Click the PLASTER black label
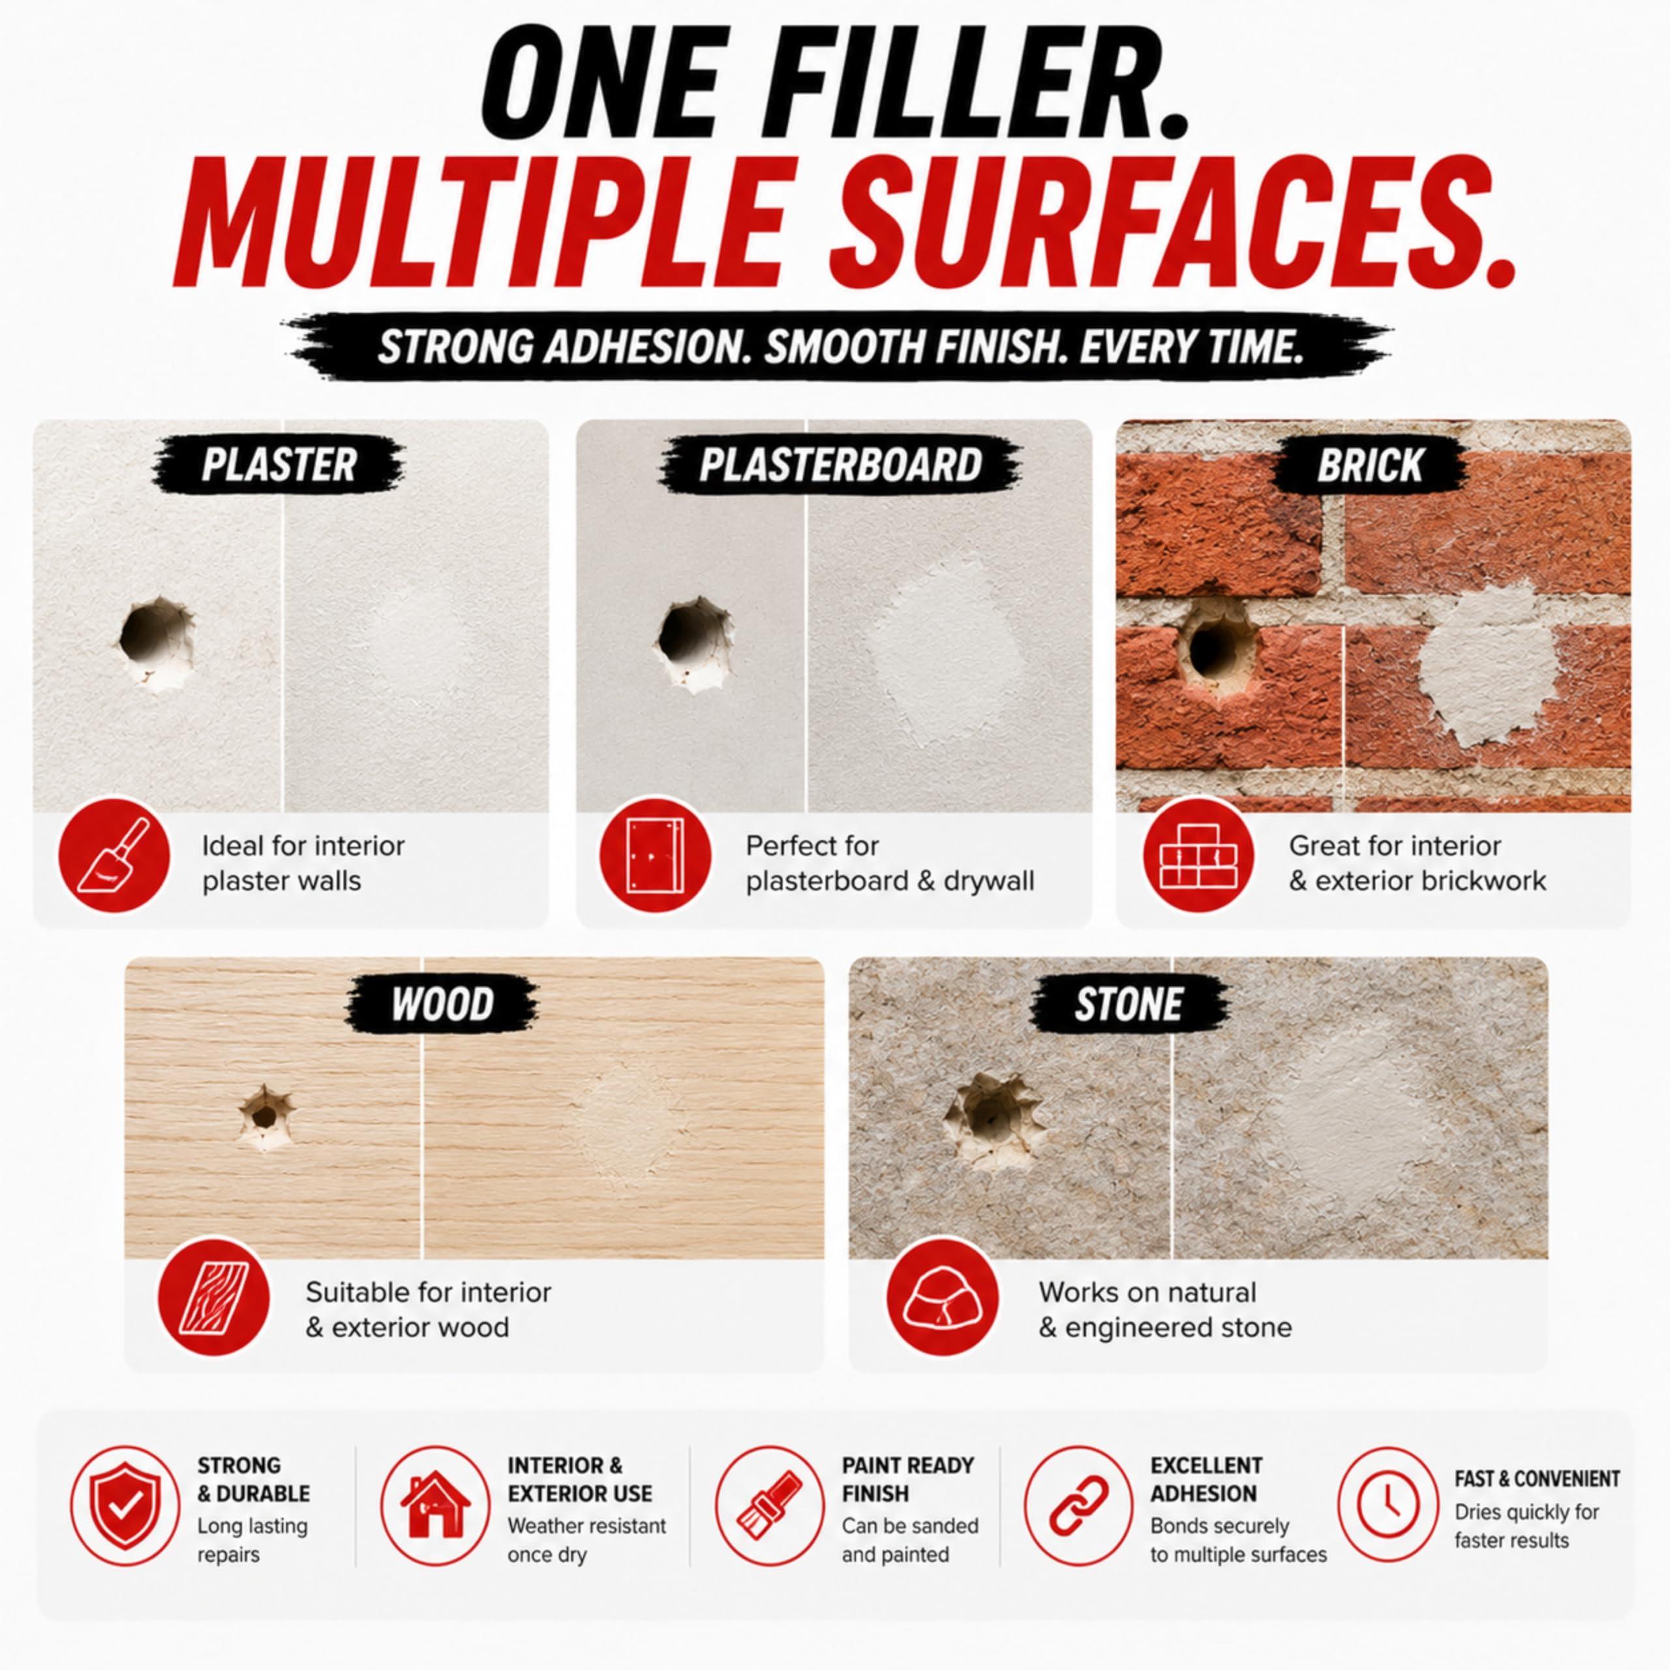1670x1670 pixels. coord(279,465)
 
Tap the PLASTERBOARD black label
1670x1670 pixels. coord(840,465)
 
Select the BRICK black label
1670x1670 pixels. coord(1370,465)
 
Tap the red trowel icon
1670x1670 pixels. coord(114,856)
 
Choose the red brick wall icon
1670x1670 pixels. coord(1198,856)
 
